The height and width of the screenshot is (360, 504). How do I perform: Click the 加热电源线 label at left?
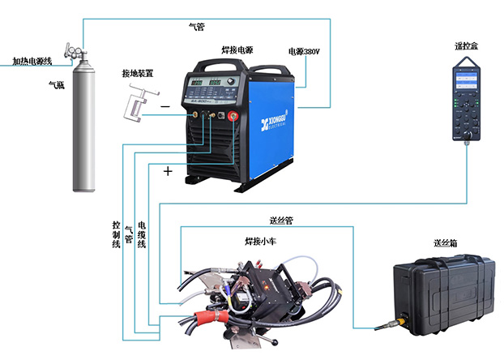coord(32,61)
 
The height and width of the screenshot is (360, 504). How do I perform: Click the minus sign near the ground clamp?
coord(164,106)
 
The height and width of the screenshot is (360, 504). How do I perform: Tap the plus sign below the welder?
coord(169,171)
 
